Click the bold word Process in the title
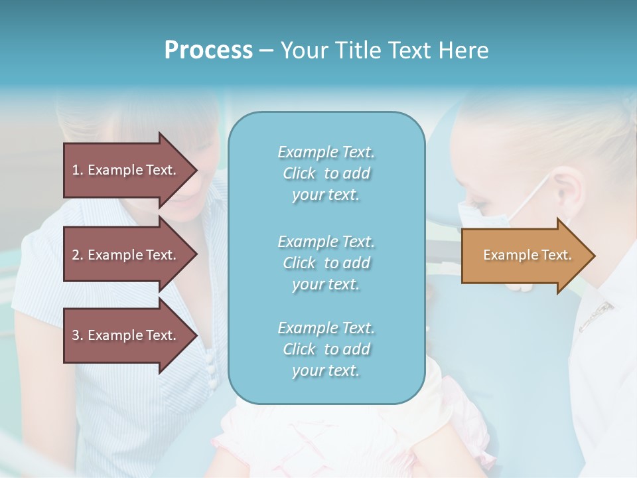208,50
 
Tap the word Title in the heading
358,50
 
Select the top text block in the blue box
326,173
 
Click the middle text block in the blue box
326,263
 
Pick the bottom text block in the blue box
326,349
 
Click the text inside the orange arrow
527,256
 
